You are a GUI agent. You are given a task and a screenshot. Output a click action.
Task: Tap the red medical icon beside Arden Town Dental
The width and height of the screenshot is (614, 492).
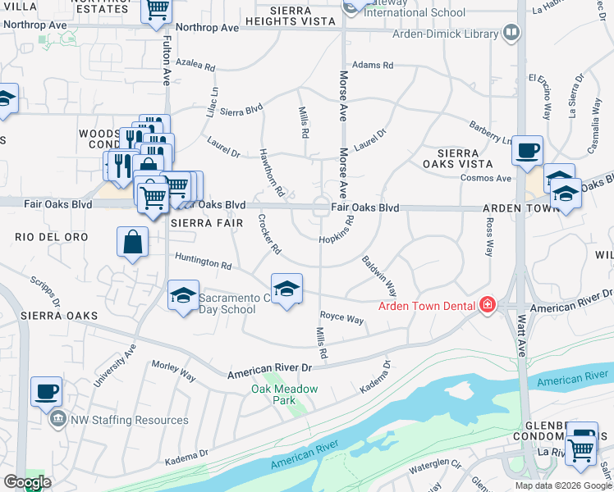[x=488, y=305]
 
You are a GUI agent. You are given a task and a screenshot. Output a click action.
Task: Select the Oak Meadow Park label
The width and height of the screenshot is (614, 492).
[x=273, y=395]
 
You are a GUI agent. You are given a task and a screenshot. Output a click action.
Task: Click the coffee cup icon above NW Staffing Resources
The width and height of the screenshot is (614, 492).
[x=46, y=391]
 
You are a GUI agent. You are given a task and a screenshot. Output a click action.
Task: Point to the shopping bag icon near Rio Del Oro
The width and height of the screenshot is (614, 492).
[x=133, y=244]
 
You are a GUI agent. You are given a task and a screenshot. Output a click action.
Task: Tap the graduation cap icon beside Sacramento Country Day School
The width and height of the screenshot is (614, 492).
[x=183, y=296]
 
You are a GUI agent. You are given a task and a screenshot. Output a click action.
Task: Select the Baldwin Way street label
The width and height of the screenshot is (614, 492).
[x=379, y=276]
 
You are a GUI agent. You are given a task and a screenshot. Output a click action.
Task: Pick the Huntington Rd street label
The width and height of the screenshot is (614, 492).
[x=203, y=263]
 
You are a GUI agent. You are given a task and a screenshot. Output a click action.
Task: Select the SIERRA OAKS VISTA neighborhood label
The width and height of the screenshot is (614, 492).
[x=465, y=158]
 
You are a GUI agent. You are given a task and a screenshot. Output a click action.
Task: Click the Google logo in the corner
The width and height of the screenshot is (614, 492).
[x=26, y=482]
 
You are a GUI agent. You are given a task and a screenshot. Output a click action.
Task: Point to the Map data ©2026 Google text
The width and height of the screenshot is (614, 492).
[x=562, y=485]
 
